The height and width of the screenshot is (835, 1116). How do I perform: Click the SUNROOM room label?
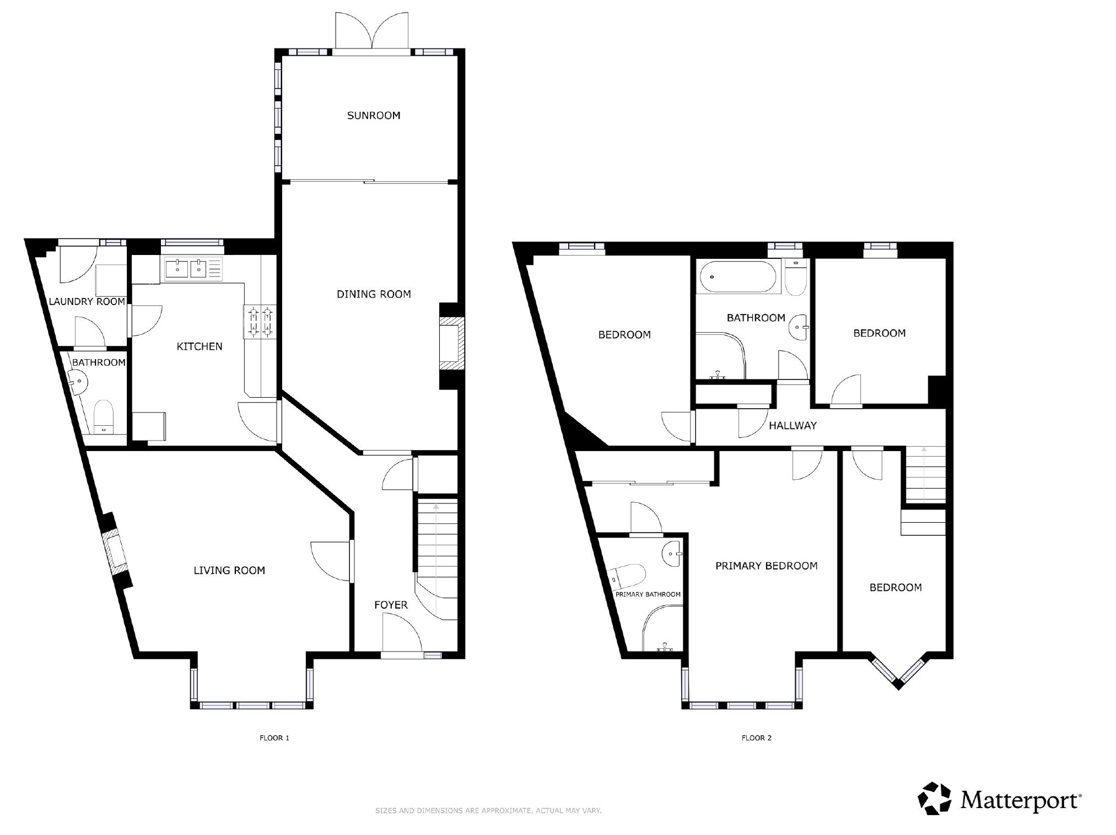(374, 116)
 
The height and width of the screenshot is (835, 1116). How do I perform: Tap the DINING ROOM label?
(374, 294)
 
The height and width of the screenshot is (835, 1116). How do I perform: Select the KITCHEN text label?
(200, 346)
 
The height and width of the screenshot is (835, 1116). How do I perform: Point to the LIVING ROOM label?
(229, 571)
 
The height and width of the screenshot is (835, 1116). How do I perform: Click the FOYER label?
(391, 605)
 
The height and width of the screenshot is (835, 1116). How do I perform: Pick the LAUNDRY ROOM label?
(87, 302)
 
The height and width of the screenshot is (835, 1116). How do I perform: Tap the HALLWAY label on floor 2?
(792, 425)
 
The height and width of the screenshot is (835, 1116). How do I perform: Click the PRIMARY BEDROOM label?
(767, 566)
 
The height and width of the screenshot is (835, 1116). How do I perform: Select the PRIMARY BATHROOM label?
(648, 594)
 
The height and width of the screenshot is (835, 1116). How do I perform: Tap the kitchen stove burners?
(260, 322)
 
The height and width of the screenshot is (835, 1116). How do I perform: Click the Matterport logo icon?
(936, 798)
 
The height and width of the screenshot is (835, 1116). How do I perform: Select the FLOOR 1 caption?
(274, 738)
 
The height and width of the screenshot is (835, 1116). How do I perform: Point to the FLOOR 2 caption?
(757, 738)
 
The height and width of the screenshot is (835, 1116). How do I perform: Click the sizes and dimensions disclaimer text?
(488, 811)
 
